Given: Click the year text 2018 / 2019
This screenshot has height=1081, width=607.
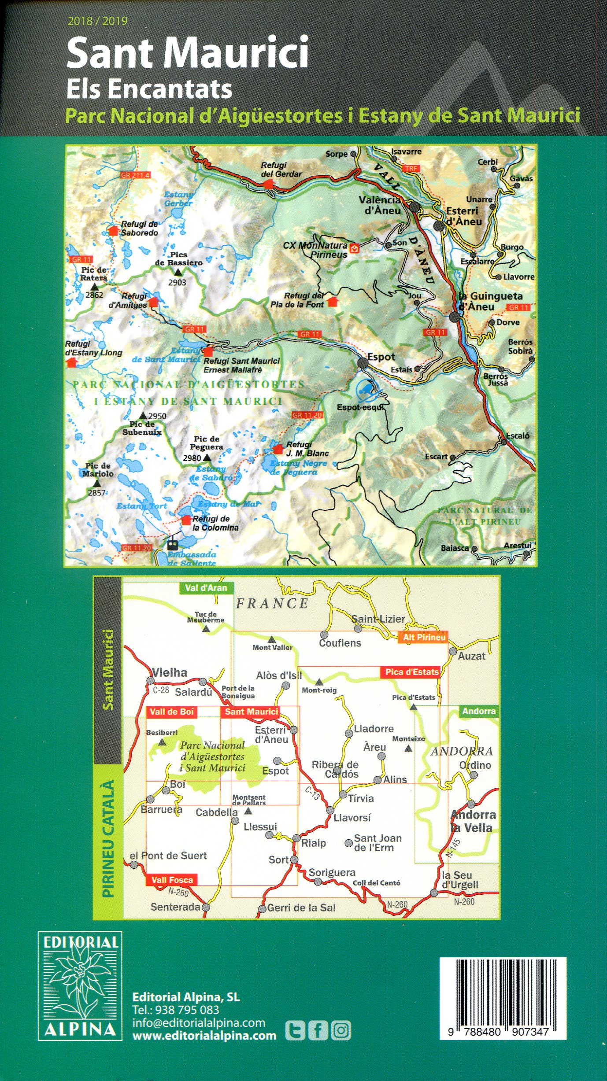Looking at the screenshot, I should pyautogui.click(x=97, y=21).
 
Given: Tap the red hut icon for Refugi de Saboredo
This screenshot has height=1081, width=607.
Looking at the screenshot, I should pyautogui.click(x=114, y=230).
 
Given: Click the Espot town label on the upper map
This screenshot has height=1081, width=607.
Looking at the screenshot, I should pyautogui.click(x=381, y=357).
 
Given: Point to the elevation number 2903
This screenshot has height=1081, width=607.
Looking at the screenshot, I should pyautogui.click(x=177, y=283).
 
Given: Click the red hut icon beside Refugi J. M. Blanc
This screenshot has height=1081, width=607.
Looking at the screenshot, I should pyautogui.click(x=278, y=449).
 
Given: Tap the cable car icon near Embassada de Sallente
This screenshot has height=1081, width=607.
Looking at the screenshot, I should pyautogui.click(x=173, y=544).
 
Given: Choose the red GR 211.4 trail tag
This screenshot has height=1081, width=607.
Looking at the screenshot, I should pyautogui.click(x=135, y=175).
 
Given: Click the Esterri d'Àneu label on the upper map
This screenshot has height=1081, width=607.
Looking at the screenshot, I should pyautogui.click(x=464, y=216).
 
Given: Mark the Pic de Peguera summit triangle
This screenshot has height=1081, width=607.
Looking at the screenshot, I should pyautogui.click(x=207, y=458).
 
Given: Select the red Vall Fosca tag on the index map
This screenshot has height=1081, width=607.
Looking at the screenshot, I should pyautogui.click(x=172, y=880).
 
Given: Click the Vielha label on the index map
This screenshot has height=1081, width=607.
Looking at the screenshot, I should pyautogui.click(x=170, y=672).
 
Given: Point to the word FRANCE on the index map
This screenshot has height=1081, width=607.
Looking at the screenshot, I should pyautogui.click(x=272, y=604).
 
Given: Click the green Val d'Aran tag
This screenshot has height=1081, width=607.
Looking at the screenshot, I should pyautogui.click(x=206, y=588).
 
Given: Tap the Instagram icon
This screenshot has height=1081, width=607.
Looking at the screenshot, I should pyautogui.click(x=341, y=1030).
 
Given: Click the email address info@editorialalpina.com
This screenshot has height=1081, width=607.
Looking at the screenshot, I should pyautogui.click(x=199, y=1022).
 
